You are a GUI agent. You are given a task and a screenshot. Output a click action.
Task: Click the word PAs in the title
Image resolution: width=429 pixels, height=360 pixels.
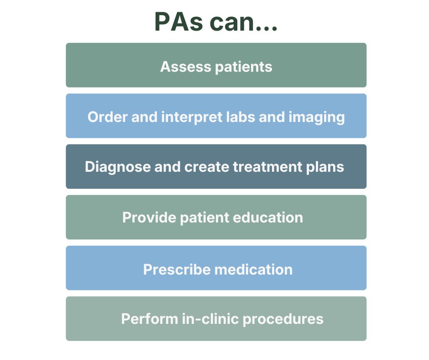pyautogui.click(x=178, y=22)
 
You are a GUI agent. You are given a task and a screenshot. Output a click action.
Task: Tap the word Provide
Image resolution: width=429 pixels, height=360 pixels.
pyautogui.click(x=149, y=217)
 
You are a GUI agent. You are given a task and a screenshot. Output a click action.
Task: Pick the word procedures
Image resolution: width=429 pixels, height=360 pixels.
pyautogui.click(x=283, y=319)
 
